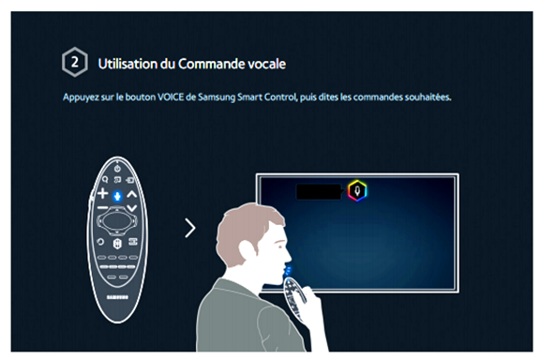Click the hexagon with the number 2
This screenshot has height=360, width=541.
pyautogui.click(x=74, y=62)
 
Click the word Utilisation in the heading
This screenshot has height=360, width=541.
pyautogui.click(x=128, y=64)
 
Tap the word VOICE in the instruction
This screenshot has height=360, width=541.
pyautogui.click(x=171, y=97)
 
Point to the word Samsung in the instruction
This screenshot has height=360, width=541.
pyautogui.click(x=217, y=97)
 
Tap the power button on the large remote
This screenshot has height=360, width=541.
pyautogui.click(x=117, y=169)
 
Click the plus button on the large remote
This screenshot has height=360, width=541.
pyautogui.click(x=102, y=193)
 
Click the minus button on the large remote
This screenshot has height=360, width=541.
pyautogui.click(x=102, y=207)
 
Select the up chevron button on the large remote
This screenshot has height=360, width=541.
pyautogui.click(x=132, y=194)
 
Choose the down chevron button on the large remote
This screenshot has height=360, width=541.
pyautogui.click(x=132, y=208)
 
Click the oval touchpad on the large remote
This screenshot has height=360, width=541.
pyautogui.click(x=117, y=220)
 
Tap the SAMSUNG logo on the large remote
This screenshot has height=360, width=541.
pyautogui.click(x=117, y=297)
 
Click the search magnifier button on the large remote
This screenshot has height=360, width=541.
pyautogui.click(x=105, y=179)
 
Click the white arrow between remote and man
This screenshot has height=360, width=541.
pyautogui.click(x=190, y=228)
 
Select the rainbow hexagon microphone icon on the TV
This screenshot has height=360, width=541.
pyautogui.click(x=357, y=190)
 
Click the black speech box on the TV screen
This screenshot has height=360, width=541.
pyautogui.click(x=319, y=192)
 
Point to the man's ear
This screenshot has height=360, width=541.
pyautogui.click(x=247, y=249)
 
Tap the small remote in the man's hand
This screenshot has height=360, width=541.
pyautogui.click(x=294, y=296)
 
